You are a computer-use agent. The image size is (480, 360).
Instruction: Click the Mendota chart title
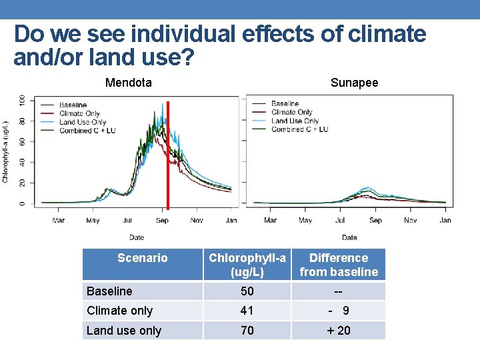(129, 83)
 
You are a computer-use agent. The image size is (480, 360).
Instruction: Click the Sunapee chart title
(354, 83)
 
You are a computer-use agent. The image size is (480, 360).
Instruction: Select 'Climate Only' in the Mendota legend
(79, 114)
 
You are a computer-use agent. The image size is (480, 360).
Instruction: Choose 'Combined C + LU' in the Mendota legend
(87, 131)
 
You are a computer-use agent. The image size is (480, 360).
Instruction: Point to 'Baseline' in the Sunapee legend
(285, 104)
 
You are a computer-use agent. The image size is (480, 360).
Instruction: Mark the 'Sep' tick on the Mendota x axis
(163, 220)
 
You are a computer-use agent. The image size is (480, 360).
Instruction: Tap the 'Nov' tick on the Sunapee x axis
(411, 220)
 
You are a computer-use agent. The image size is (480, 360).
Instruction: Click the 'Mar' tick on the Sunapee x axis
(270, 220)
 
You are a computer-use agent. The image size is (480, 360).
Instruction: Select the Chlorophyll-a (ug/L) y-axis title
(6, 151)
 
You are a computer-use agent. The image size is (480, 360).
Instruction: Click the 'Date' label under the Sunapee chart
(349, 237)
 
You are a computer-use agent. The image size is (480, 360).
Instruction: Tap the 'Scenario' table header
(142, 258)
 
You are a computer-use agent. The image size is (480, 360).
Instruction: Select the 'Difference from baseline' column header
(339, 265)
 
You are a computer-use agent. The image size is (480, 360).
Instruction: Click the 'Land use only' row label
(124, 331)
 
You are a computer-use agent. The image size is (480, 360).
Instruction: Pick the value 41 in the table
(247, 311)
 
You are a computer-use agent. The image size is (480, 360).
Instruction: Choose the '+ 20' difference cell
(339, 331)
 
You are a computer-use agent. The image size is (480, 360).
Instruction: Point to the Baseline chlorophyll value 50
(247, 291)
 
